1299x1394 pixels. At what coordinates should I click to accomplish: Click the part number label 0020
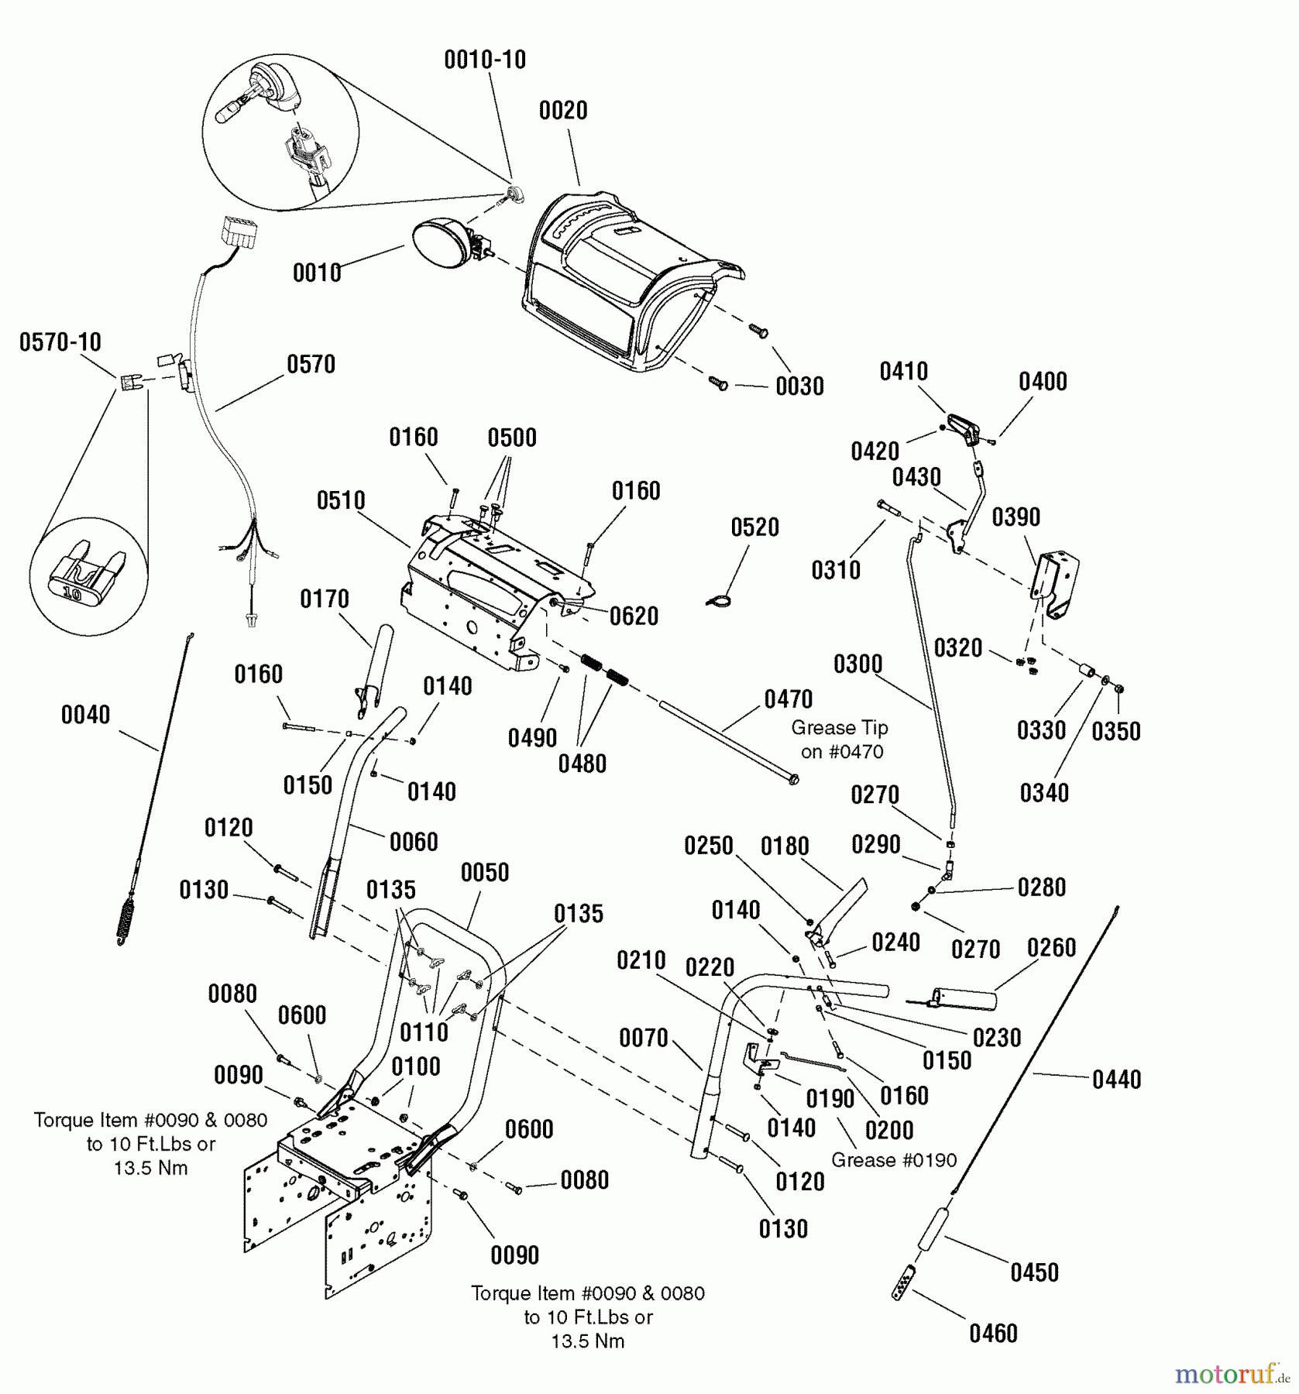coord(563,111)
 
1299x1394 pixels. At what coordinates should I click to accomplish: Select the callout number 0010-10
coord(485,60)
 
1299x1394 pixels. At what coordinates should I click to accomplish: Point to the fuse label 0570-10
coord(60,342)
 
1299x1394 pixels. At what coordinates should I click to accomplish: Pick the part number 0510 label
coord(341,500)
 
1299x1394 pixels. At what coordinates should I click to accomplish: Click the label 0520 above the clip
coord(754,527)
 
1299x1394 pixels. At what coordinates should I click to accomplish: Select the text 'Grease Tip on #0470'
coord(840,740)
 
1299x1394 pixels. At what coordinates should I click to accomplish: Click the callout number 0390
coord(1015,517)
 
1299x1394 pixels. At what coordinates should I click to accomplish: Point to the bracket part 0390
coord(1055,583)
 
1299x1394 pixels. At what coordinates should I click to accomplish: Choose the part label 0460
coord(993,1334)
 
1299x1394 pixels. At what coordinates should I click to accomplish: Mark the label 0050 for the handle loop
coord(485,873)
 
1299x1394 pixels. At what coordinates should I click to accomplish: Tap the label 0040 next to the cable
coord(85,715)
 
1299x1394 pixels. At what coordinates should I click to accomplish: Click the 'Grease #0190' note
coord(894,1160)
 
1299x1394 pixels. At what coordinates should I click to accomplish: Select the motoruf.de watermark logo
coord(1232,1375)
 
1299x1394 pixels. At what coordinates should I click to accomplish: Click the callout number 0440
coord(1116,1080)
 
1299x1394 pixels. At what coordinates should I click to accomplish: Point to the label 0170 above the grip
coord(325,599)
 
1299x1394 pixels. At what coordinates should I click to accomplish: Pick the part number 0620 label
coord(634,616)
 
